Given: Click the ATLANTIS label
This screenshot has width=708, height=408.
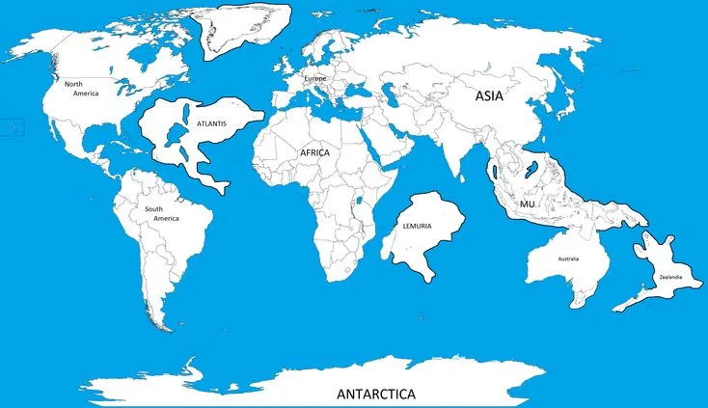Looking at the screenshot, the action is tap(212, 123).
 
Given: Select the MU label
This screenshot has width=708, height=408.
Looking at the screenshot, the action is tap(527, 204).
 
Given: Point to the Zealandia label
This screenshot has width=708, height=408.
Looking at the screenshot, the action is tap(669, 278).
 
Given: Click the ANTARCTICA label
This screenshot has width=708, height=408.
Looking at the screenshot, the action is tap(376, 394).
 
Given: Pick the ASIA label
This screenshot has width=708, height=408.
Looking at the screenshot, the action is tap(491, 95).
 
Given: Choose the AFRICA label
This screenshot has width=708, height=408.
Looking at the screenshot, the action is tap(315, 153).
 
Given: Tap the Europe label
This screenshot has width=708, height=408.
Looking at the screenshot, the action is tap(314, 78).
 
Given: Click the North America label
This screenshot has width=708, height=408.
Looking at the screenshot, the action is tap(81, 88).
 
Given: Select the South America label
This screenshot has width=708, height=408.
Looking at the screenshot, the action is tap(162, 214).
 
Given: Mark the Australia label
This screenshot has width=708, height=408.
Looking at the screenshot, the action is tap(567, 258).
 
